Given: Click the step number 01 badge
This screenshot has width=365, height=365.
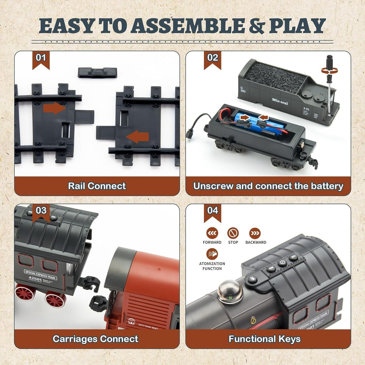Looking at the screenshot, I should [x=41, y=57].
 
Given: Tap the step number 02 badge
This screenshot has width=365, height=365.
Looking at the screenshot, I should [x=212, y=57].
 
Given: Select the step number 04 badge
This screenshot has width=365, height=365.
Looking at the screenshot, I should [x=212, y=211].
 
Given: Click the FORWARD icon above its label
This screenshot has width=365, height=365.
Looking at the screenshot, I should [x=212, y=233].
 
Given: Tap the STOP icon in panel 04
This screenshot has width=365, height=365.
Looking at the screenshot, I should [x=233, y=233].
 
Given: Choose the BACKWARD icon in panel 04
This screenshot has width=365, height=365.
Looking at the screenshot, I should [x=255, y=233].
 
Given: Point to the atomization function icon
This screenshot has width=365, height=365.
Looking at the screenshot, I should [x=212, y=254].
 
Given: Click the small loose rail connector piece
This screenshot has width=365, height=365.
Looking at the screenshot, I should [x=97, y=72].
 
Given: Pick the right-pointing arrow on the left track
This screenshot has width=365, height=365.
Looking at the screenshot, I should [x=55, y=108].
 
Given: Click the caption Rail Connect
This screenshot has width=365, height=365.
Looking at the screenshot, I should [x=97, y=186].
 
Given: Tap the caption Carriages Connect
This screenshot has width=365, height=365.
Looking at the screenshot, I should [x=96, y=339].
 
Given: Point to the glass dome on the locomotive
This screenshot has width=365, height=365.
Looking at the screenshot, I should [x=230, y=290].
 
